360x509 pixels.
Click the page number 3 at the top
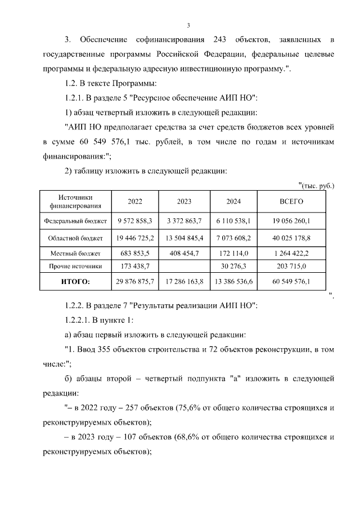pos(188,25)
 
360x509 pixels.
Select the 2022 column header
pos(135,201)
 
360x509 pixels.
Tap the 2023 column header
pos(184,201)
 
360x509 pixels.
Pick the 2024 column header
pos(233,201)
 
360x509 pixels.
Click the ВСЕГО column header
pos(291,201)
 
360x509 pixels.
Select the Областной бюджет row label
pos(75,238)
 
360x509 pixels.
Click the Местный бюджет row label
pos(75,254)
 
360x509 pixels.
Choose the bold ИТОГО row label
pos(75,281)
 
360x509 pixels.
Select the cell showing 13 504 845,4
pos(184,238)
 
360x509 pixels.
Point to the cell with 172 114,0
pos(233,254)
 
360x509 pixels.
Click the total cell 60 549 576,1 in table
pos(291,281)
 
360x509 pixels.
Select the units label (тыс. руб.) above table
pos(316,185)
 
